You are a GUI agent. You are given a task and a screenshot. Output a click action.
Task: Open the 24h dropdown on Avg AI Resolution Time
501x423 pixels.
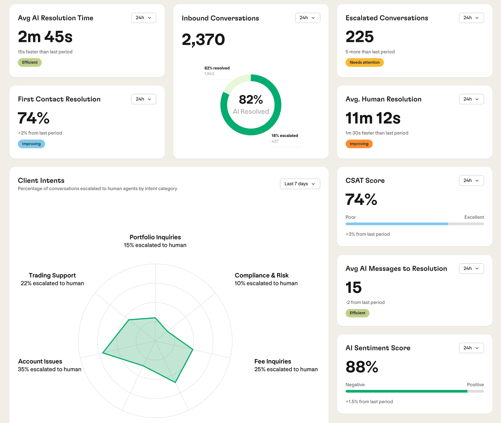click(144, 18)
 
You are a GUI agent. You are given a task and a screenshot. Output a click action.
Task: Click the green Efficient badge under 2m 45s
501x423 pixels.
click(30, 62)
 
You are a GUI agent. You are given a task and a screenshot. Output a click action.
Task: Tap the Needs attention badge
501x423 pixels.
click(364, 62)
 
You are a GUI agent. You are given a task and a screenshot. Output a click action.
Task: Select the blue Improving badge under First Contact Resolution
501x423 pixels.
click(31, 144)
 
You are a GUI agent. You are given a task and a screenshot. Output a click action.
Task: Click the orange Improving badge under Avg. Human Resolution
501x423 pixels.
click(359, 144)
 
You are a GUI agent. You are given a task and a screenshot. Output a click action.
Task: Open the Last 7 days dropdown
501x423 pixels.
click(300, 184)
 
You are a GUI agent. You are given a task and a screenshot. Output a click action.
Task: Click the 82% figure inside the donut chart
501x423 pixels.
click(250, 100)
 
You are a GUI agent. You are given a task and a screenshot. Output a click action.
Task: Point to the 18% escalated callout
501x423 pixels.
click(284, 136)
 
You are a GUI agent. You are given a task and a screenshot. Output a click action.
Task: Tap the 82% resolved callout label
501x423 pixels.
click(217, 68)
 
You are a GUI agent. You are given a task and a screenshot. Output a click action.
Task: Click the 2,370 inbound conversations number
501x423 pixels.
click(203, 40)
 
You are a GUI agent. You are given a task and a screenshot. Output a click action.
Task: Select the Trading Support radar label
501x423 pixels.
click(52, 275)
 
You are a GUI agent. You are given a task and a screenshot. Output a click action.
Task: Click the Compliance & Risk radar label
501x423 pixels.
click(261, 275)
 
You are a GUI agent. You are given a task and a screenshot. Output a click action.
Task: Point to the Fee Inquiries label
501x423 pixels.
click(272, 361)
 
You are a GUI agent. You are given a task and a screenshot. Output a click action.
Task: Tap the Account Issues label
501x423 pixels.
click(40, 361)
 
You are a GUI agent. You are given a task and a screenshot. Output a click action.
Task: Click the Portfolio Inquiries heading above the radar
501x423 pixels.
click(155, 237)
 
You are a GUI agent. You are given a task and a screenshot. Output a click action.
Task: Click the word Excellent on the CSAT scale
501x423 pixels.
click(474, 217)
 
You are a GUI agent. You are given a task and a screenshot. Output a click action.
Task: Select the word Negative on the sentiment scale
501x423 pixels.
click(355, 385)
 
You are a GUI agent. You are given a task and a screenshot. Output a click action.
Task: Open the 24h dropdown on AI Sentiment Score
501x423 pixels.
click(471, 348)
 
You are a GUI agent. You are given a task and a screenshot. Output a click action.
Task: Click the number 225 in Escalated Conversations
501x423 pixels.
click(360, 37)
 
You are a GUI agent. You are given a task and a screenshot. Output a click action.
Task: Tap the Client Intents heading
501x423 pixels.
click(41, 180)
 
